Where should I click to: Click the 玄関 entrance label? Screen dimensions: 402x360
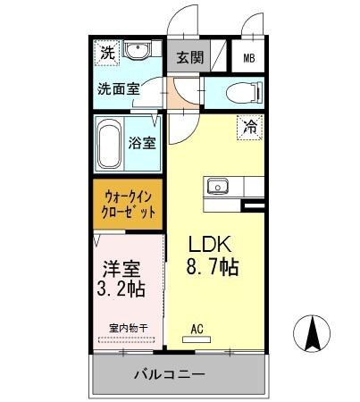(x=188, y=60)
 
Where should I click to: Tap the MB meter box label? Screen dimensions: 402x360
(x=248, y=61)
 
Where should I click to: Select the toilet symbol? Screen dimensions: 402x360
(x=236, y=91)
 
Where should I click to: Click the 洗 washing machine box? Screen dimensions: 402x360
(x=106, y=51)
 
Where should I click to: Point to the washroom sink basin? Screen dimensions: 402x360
(x=138, y=51)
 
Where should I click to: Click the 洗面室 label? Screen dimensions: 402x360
(x=120, y=89)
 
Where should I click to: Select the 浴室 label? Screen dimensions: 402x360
(x=143, y=143)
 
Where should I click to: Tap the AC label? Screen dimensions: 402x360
(x=197, y=329)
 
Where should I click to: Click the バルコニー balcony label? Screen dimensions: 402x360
(x=171, y=373)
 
